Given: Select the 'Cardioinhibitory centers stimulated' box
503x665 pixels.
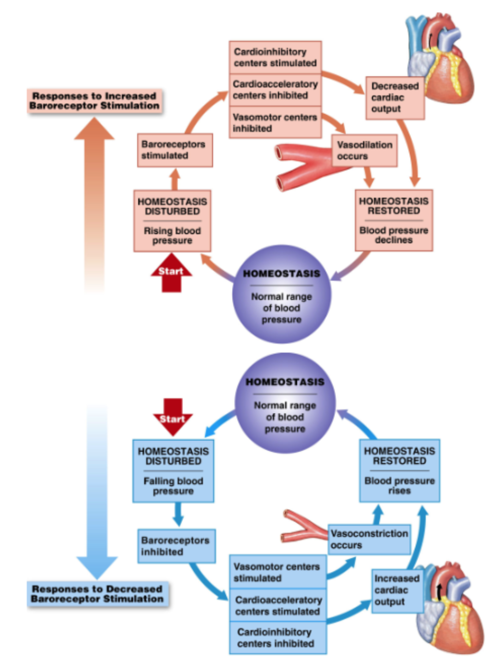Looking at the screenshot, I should click(x=275, y=57).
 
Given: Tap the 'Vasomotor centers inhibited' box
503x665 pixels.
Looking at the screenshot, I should click(x=275, y=123).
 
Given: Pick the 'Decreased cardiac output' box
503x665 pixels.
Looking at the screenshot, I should click(x=395, y=97).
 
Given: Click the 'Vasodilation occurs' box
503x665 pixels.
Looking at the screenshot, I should click(x=365, y=150).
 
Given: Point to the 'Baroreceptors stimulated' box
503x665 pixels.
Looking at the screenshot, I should click(x=174, y=150).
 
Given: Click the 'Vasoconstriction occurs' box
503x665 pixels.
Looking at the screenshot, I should click(x=369, y=539).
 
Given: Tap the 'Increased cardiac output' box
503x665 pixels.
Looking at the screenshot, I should click(x=397, y=590).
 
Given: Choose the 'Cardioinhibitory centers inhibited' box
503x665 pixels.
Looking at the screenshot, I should click(x=277, y=638).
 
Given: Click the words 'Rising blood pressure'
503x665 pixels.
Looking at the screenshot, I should click(x=172, y=236).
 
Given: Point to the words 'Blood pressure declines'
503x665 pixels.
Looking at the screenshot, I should click(x=394, y=235).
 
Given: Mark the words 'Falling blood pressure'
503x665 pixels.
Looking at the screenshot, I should click(x=173, y=486).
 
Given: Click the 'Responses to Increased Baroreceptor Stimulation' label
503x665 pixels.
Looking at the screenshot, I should click(x=95, y=101).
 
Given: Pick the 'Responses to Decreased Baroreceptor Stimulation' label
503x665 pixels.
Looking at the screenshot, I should click(x=97, y=594).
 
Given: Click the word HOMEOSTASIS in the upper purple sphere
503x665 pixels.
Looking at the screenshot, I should click(x=282, y=274).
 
